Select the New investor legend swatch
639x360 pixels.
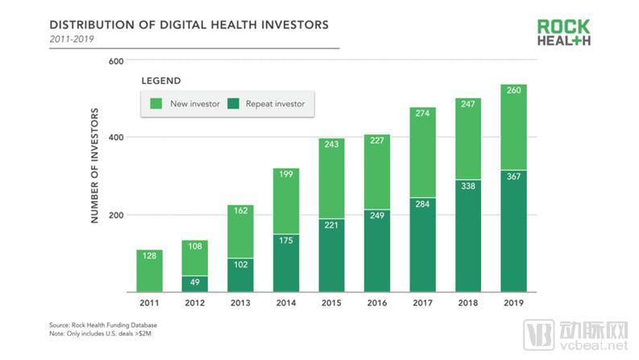point(156,103)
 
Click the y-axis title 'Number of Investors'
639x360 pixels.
point(94,165)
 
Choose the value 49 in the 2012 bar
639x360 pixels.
point(194,283)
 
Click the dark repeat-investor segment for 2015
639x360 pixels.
point(331,255)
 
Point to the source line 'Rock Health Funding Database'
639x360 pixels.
point(102,325)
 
